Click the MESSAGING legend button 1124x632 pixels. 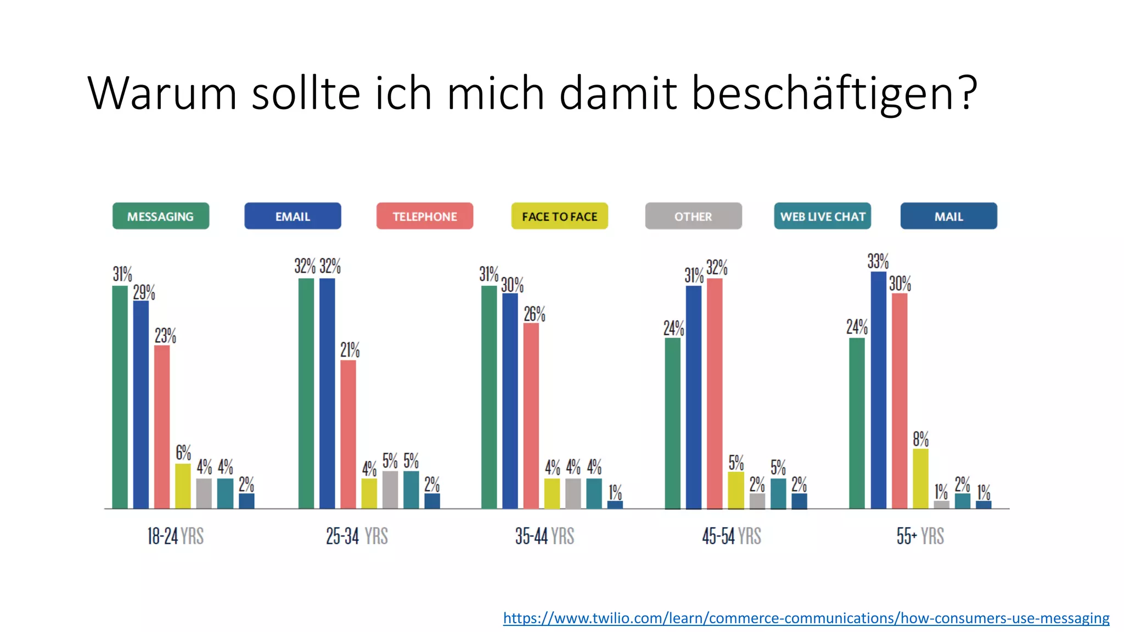161,216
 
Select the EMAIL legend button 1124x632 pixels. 293,216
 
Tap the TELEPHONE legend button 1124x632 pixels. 424,216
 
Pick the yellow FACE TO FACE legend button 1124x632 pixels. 559,216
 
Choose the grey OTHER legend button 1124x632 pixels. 693,216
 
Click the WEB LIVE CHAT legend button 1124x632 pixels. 822,216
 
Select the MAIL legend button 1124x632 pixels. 948,216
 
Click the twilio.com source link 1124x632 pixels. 806,618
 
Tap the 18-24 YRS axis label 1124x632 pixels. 175,536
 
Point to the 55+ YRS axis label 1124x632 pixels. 920,536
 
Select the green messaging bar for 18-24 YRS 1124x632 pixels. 120,397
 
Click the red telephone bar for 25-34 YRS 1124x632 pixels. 348,434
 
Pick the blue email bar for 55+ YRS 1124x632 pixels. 878,390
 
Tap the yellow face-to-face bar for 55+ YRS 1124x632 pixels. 920,478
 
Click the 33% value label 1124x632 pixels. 878,261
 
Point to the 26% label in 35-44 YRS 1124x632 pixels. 534,314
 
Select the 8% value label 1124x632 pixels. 920,439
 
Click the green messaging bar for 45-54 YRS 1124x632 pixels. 672,423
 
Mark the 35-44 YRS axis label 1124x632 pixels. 544,536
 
